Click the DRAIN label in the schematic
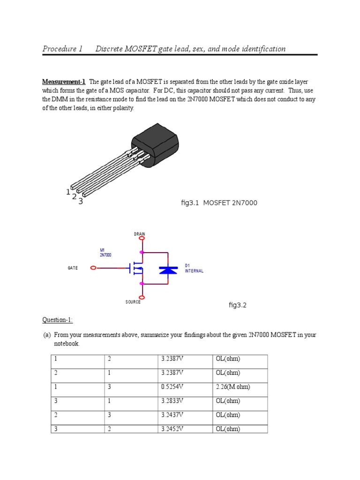click(140, 234)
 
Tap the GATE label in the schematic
click(73, 268)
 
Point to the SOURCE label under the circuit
click(133, 302)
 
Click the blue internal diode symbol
click(168, 270)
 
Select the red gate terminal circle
click(93, 268)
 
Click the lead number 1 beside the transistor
click(68, 192)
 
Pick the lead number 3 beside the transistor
click(81, 202)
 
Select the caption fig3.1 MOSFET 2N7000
click(219, 203)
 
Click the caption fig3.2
click(237, 305)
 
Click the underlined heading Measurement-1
click(64, 82)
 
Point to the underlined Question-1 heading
click(58, 320)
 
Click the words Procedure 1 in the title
click(62, 49)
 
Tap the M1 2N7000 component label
click(105, 253)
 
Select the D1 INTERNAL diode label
click(194, 268)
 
